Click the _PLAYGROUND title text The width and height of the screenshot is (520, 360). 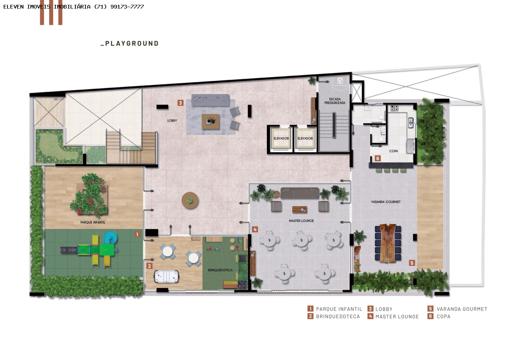130,43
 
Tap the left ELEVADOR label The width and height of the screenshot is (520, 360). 281,139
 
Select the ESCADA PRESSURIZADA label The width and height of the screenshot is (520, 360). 335,101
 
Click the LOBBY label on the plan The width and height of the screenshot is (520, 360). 172,120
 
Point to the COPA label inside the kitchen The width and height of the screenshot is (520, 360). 393,151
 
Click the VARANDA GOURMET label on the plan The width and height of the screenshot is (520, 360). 386,202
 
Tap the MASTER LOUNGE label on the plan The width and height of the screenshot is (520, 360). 301,221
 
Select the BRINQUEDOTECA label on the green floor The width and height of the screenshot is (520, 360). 220,270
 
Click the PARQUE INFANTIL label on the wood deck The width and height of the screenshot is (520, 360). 92,222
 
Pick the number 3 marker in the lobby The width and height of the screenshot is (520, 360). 181,103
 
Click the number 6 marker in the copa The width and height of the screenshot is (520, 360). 378,158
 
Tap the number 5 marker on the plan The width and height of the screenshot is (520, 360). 412,263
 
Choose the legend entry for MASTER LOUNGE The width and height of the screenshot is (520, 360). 393,316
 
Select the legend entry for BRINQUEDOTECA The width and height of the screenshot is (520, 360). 334,316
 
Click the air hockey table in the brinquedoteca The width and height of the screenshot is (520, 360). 166,276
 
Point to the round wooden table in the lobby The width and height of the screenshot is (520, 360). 190,201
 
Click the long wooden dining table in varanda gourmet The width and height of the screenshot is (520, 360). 388,243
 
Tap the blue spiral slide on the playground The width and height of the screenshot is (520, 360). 111,238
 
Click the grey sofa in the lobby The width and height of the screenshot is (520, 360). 210,100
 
